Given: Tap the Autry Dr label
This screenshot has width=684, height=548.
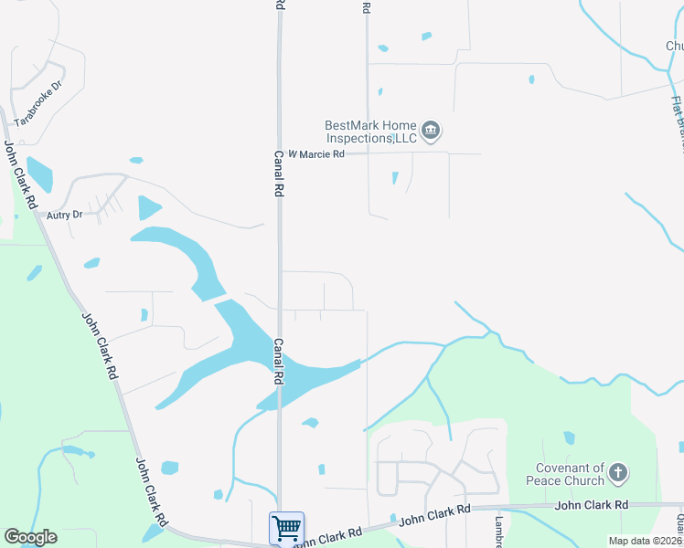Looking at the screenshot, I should pyautogui.click(x=65, y=215).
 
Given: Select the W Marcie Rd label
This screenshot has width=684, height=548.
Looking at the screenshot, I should pyautogui.click(x=316, y=154).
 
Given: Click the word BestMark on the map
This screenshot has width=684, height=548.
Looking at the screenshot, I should pyautogui.click(x=352, y=126).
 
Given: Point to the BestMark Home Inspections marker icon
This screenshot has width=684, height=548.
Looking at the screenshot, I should pyautogui.click(x=433, y=132).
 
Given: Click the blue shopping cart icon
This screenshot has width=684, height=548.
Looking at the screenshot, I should pyautogui.click(x=286, y=527).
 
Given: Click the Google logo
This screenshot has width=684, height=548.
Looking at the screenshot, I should pyautogui.click(x=30, y=537).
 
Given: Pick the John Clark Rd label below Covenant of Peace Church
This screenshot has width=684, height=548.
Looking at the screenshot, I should pyautogui.click(x=591, y=504).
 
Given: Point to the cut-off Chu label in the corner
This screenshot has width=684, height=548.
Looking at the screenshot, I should pyautogui.click(x=674, y=46).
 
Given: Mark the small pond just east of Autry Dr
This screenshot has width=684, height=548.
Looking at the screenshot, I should pyautogui.click(x=148, y=208).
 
